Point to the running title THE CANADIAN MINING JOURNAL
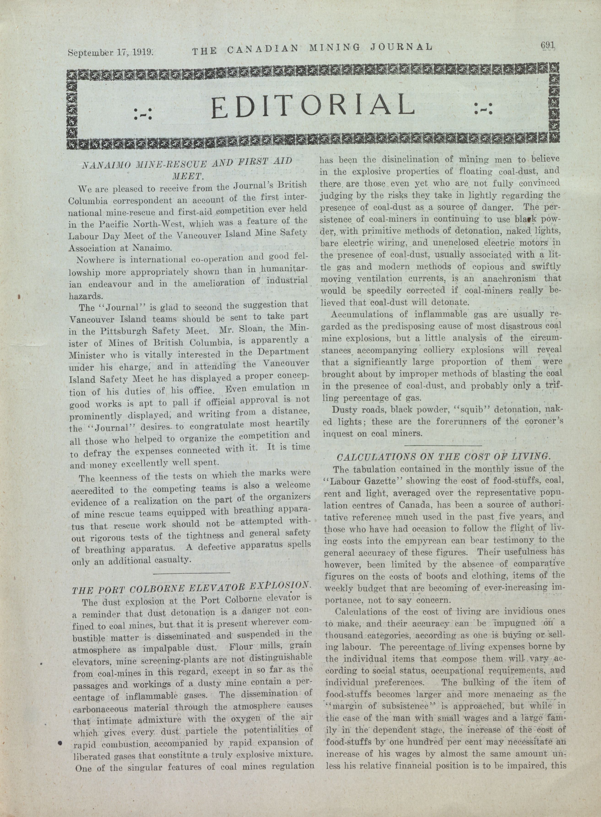click(312, 48)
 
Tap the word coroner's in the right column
click(540, 422)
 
